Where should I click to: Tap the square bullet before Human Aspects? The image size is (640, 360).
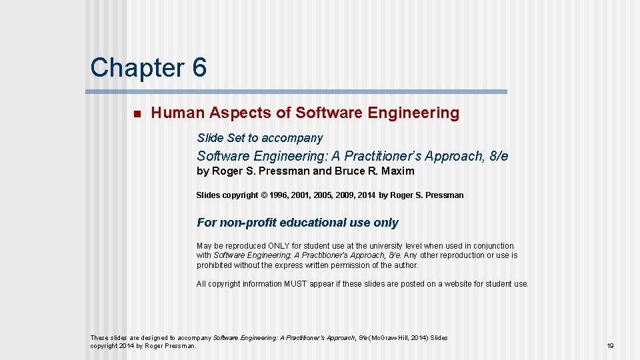pos(136,114)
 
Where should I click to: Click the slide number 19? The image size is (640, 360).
pos(610,346)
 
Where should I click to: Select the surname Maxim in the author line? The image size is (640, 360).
pos(398,171)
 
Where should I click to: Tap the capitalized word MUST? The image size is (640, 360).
pos(295,284)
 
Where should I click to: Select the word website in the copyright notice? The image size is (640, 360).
pos(454,284)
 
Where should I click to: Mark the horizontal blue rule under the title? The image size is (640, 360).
pos(298,92)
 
